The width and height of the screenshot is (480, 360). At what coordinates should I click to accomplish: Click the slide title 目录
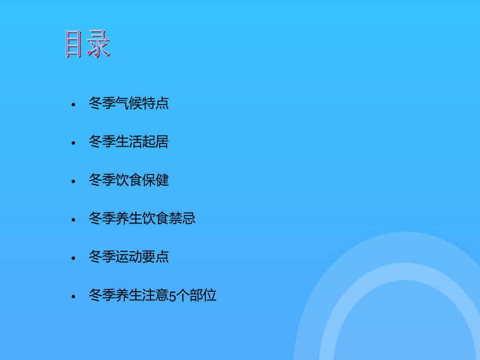click(x=88, y=44)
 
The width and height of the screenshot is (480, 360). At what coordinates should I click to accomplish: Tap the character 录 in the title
click(x=99, y=44)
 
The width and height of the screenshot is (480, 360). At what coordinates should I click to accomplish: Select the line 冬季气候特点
click(x=129, y=103)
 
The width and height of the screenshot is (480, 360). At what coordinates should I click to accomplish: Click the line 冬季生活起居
click(x=129, y=142)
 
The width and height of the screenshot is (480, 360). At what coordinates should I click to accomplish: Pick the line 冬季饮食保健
click(x=129, y=180)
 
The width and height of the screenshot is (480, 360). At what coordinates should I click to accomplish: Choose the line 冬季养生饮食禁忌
click(x=142, y=218)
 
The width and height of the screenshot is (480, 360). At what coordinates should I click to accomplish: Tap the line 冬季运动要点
click(x=129, y=257)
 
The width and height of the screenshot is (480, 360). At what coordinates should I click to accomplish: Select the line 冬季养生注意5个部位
click(x=153, y=295)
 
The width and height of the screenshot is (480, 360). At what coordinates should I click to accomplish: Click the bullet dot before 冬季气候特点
click(x=73, y=105)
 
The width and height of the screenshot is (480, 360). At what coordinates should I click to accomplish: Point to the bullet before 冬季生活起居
click(x=73, y=143)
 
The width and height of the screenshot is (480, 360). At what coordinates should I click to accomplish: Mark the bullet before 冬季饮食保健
click(x=73, y=181)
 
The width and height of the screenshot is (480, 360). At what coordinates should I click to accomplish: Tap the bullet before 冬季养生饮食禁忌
click(x=73, y=220)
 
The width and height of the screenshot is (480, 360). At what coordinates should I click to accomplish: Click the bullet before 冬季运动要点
click(x=73, y=258)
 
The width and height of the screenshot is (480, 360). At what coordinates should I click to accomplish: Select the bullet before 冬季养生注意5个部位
click(x=73, y=297)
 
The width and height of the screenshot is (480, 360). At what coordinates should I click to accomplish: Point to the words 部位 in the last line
click(x=203, y=295)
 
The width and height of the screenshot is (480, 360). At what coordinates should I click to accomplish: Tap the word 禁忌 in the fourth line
click(x=182, y=218)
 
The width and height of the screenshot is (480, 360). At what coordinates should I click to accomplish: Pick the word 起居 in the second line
click(x=156, y=142)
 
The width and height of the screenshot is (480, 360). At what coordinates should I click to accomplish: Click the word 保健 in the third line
click(x=156, y=180)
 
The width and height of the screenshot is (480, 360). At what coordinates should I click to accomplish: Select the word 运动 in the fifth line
click(x=129, y=257)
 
